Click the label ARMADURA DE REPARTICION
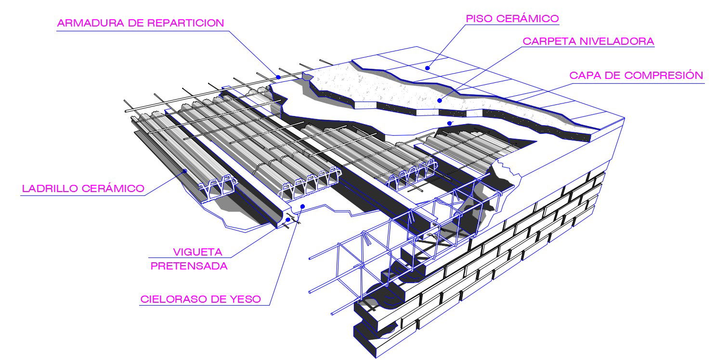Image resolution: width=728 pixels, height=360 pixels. (141, 23)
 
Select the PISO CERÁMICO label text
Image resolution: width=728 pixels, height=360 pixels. (513, 19)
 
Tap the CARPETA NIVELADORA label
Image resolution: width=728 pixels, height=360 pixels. (588, 41)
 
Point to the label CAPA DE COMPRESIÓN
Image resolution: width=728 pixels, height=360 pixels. (636, 76)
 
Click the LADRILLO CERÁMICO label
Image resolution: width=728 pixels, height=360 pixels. (83, 188)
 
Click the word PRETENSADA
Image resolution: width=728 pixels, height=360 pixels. (189, 266)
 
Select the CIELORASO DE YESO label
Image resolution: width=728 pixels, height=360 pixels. (200, 299)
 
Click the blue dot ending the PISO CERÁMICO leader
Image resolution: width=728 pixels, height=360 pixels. (427, 68)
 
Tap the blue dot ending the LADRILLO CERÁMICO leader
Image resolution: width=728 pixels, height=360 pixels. (184, 170)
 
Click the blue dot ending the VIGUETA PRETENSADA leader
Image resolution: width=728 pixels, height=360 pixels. (288, 219)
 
